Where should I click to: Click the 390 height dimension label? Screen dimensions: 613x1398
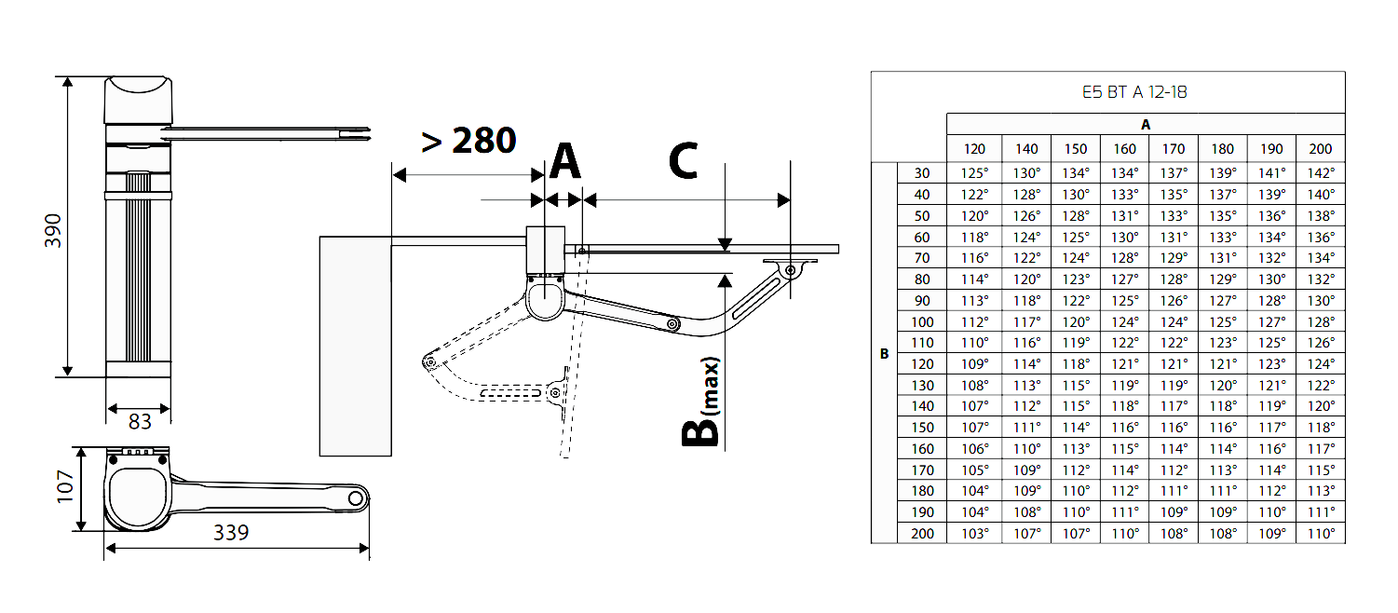[x=53, y=229]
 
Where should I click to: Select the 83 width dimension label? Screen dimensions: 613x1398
[x=140, y=422]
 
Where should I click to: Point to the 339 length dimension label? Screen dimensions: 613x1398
[x=230, y=532]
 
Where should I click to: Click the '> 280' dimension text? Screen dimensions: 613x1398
[x=468, y=141]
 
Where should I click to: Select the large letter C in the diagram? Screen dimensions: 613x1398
[x=683, y=161]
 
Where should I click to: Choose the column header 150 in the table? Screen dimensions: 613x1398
[x=1076, y=148]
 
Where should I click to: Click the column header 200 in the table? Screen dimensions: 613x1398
[x=1320, y=148]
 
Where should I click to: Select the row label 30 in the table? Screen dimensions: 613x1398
[x=921, y=173]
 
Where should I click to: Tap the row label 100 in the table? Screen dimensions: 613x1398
[x=921, y=322]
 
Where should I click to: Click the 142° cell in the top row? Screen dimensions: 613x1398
[x=1320, y=173]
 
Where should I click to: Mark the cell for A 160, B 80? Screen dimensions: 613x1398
[x=1124, y=279]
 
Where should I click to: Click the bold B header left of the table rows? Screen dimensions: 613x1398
[x=884, y=354]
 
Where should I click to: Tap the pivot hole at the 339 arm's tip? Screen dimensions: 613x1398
[x=356, y=498]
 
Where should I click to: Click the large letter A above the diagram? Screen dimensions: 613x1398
[x=564, y=161]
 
